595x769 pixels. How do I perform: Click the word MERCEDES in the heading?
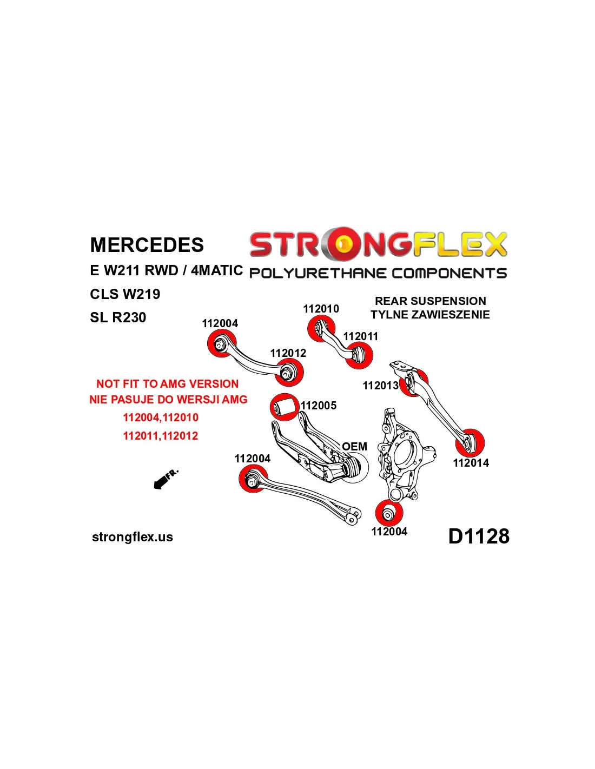[147, 245]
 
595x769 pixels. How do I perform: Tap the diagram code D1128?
[479, 536]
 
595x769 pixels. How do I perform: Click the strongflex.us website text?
[133, 537]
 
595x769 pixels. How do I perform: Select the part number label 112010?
[321, 309]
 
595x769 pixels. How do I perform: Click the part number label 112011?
[360, 336]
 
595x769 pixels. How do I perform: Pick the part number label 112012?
[288, 353]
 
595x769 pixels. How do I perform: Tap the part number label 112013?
[380, 386]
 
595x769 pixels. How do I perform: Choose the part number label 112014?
[471, 463]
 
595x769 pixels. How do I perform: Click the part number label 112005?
[319, 406]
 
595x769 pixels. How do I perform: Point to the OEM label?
[354, 447]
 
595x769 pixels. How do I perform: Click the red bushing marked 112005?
[285, 407]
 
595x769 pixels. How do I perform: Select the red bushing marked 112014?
[469, 442]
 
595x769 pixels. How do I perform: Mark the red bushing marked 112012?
[289, 372]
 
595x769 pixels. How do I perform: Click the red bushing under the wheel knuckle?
[389, 514]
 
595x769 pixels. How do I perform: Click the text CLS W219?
[125, 294]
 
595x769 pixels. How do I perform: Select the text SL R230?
[118, 317]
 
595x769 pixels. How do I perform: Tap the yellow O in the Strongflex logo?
[342, 244]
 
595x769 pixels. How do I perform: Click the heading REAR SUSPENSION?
[430, 301]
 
